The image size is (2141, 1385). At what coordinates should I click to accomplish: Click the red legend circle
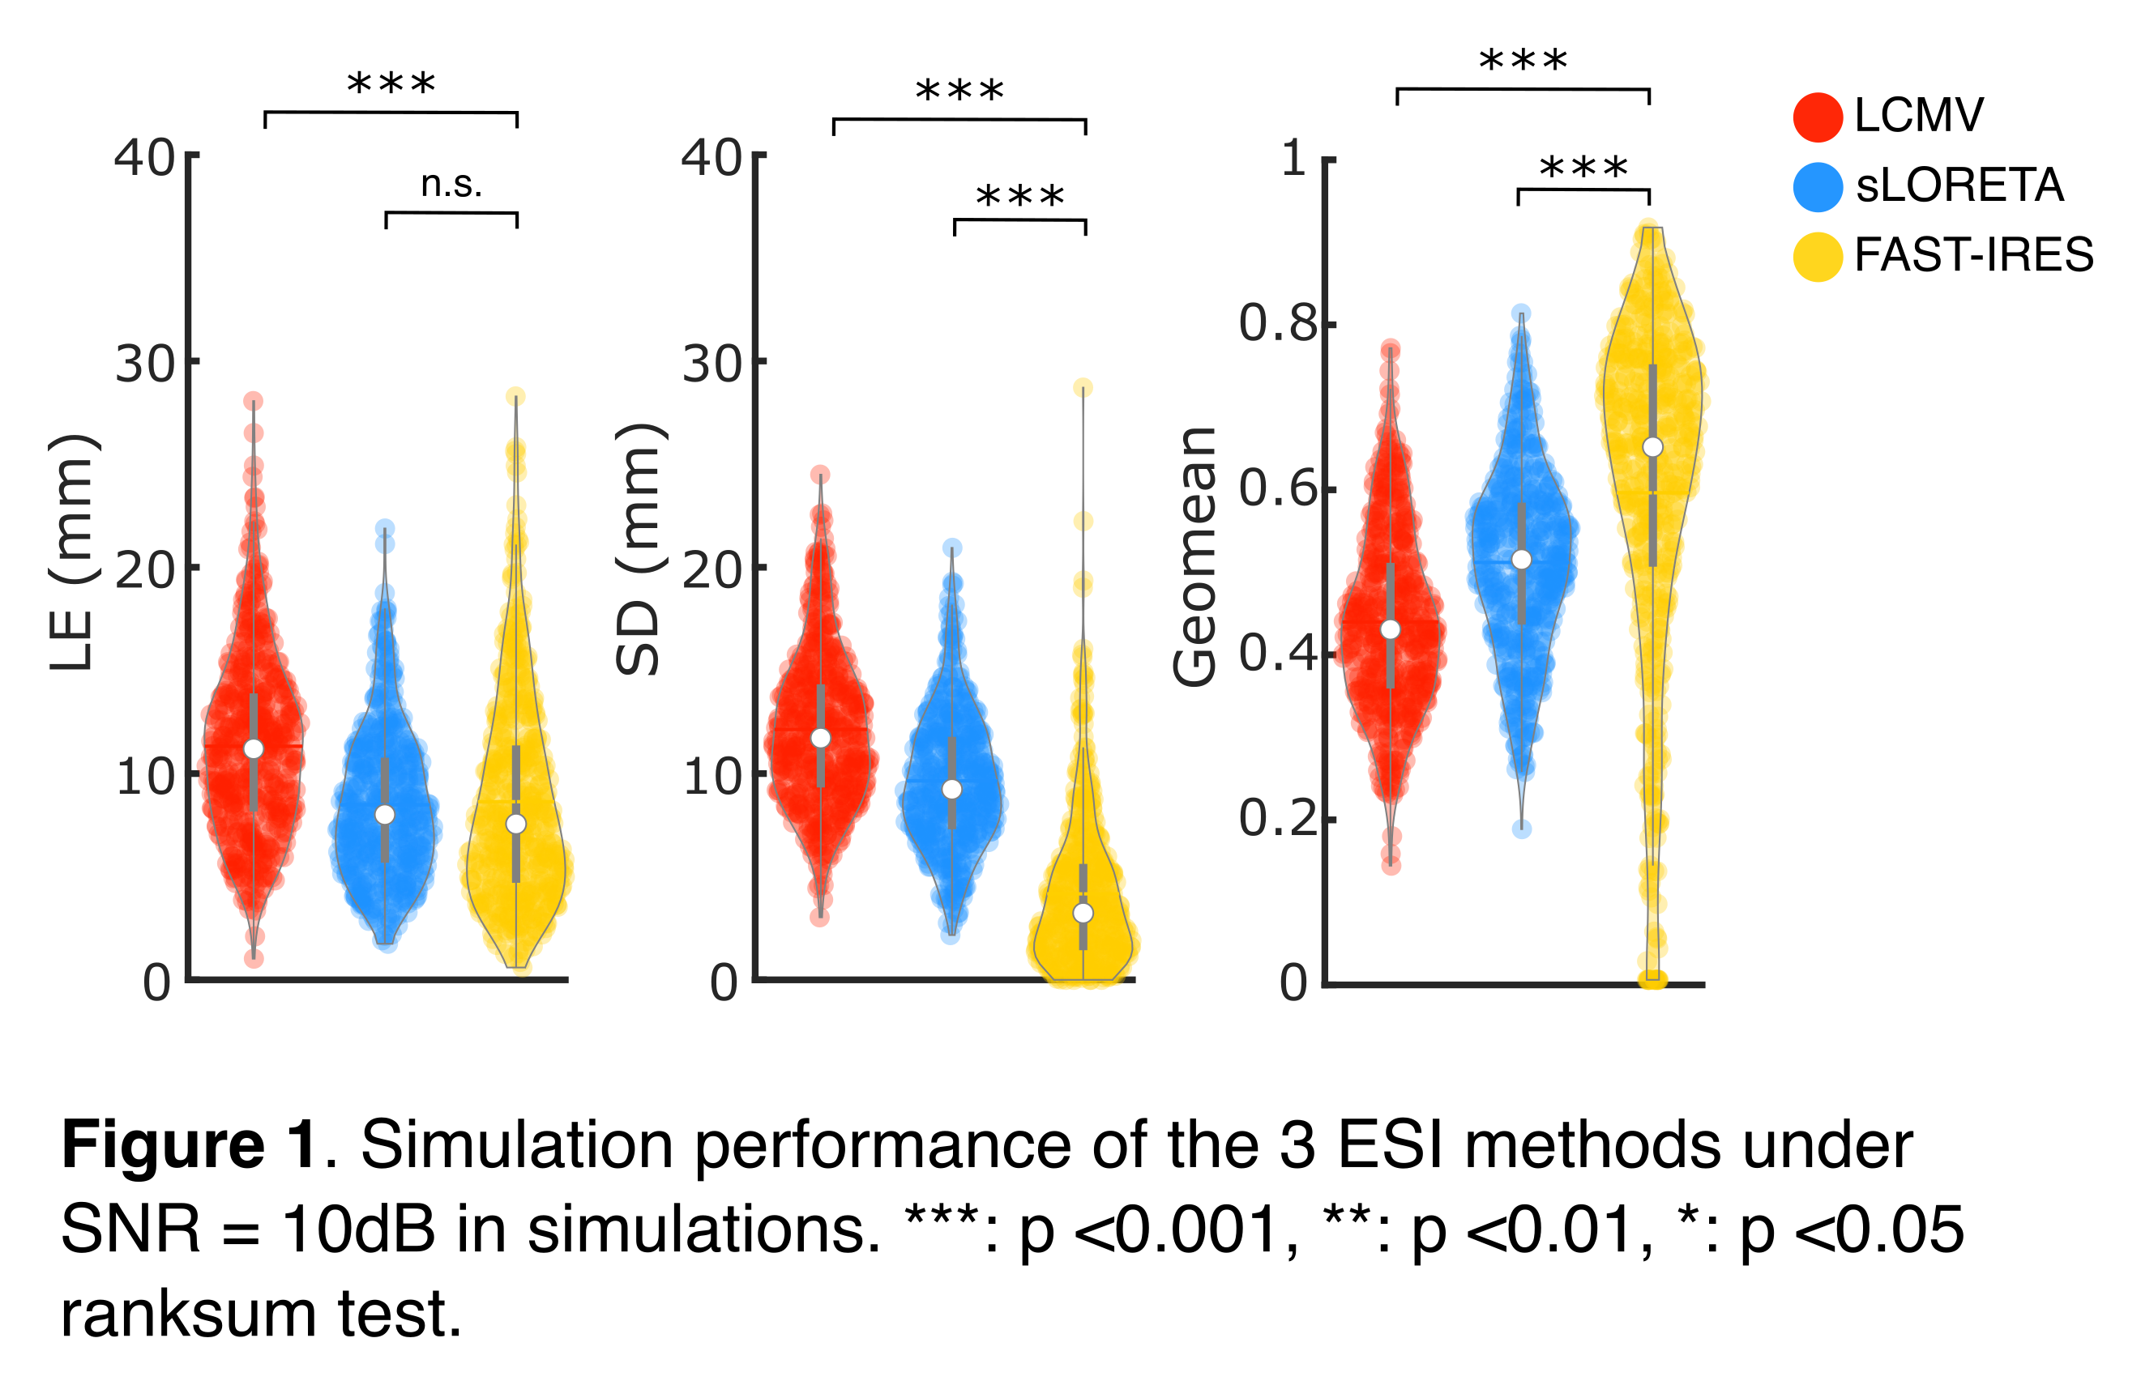(x=1818, y=117)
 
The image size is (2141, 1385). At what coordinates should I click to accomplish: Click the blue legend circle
(x=1818, y=187)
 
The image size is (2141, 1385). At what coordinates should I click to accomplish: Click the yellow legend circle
(x=1818, y=258)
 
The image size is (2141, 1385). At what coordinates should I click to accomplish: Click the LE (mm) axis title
(x=72, y=552)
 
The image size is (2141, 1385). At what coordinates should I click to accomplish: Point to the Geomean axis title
(x=1194, y=556)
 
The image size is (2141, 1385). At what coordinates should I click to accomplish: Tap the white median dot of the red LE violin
(x=254, y=749)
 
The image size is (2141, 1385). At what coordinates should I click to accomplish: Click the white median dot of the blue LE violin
(x=385, y=814)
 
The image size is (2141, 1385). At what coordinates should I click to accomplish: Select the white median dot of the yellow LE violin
(x=516, y=824)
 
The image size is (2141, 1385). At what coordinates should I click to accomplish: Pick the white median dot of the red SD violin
(x=820, y=739)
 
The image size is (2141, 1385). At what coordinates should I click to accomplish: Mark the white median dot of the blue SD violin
(x=951, y=789)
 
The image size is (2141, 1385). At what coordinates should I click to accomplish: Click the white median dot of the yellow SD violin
(x=1083, y=913)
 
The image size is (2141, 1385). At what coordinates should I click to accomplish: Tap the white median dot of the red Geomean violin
(x=1391, y=629)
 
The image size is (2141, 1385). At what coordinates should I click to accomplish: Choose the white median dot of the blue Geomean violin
(x=1521, y=560)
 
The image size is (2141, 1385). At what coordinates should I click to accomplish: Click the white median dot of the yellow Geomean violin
(x=1652, y=447)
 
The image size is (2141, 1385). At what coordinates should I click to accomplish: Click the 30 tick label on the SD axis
(x=712, y=364)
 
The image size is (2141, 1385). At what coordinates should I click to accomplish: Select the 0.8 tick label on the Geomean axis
(x=1278, y=324)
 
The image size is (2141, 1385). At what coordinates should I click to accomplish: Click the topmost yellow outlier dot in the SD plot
(x=1083, y=388)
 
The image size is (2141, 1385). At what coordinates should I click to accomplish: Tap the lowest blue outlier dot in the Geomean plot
(x=1521, y=829)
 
